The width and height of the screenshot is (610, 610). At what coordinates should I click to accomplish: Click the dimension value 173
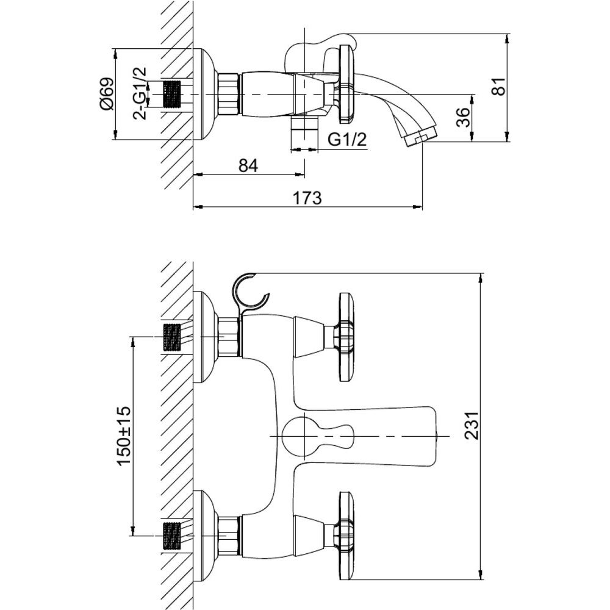(307, 198)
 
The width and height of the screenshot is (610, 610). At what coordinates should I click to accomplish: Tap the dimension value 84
(248, 165)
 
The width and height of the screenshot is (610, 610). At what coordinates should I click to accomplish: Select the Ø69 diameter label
(107, 94)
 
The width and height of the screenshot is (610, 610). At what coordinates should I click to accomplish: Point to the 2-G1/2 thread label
(140, 93)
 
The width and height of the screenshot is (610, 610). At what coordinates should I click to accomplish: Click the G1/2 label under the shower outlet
(348, 139)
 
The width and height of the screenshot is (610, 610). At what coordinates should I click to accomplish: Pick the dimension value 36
(463, 117)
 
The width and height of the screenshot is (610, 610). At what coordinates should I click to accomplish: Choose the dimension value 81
(498, 86)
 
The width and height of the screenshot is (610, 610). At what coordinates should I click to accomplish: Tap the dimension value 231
(472, 426)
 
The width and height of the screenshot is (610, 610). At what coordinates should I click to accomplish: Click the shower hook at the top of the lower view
(249, 292)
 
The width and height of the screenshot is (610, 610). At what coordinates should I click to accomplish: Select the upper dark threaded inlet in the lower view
(172, 337)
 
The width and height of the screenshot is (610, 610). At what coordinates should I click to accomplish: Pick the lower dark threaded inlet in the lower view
(172, 536)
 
